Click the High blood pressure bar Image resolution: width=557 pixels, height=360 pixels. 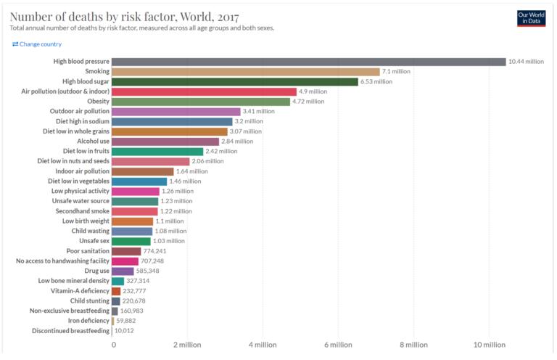tap(309, 62)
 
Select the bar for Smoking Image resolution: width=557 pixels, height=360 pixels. tap(245, 72)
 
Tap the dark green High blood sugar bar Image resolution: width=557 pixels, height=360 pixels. tap(235, 82)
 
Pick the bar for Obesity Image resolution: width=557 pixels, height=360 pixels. tap(201, 102)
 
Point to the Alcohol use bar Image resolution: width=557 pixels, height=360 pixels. tap(165, 142)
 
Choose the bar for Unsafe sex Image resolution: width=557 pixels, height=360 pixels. tap(131, 241)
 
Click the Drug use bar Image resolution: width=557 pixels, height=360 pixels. tap(123, 271)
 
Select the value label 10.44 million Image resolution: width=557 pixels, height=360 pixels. tap(526, 62)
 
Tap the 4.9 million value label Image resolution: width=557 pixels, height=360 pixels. tap(313, 91)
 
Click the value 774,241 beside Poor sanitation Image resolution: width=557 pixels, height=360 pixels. tap(154, 251)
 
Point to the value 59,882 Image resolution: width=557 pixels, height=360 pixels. tap(125, 321)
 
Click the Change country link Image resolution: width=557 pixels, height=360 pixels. tap(37, 44)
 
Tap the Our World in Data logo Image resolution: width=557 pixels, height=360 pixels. tap(531, 18)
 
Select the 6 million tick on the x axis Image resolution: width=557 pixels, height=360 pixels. tap(338, 345)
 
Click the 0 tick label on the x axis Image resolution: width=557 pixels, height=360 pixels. tap(114, 345)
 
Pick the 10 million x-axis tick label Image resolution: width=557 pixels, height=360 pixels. tap(489, 345)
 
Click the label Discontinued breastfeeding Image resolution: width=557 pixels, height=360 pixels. tap(70, 331)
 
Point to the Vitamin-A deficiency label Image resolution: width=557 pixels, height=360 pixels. tap(80, 291)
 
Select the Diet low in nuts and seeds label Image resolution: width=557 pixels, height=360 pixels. tap(73, 161)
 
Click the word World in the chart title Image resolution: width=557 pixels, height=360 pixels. tap(197, 17)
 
